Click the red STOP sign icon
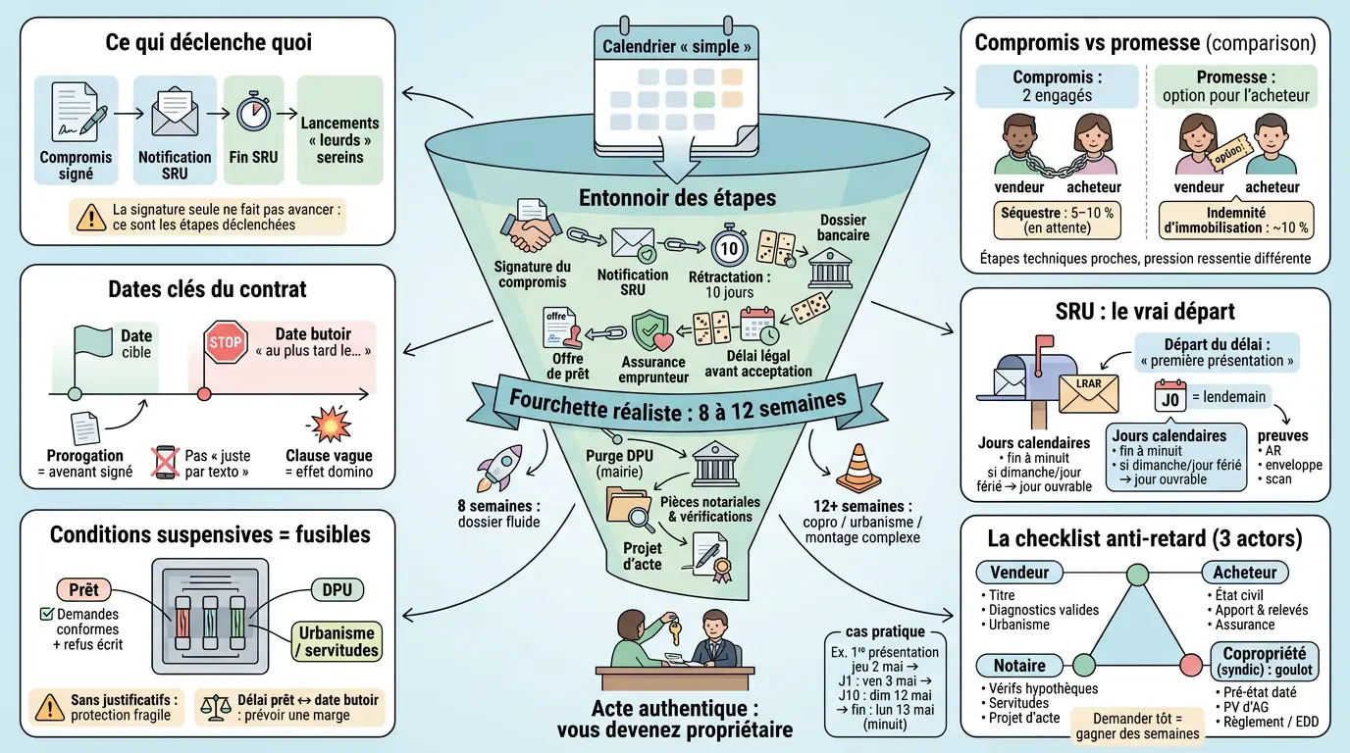click(225, 343)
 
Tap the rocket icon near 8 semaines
click(498, 467)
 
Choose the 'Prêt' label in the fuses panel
click(84, 590)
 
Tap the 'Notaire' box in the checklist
click(1018, 665)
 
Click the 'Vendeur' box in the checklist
click(1019, 573)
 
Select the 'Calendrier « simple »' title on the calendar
click(676, 46)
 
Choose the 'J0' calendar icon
click(1168, 397)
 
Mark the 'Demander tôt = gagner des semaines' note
click(1137, 727)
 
